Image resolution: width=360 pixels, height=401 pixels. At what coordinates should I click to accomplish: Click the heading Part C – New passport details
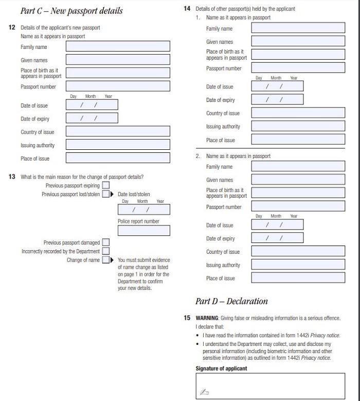click(x=71, y=11)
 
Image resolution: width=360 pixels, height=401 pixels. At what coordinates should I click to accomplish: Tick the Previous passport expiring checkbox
click(x=105, y=185)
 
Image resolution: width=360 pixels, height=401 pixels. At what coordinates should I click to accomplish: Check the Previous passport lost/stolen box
click(x=105, y=194)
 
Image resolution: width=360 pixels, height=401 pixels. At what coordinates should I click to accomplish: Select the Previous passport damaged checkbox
click(x=105, y=242)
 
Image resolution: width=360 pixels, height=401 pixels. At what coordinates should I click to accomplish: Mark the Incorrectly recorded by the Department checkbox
click(x=105, y=251)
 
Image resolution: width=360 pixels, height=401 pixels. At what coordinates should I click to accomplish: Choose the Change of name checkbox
click(x=105, y=260)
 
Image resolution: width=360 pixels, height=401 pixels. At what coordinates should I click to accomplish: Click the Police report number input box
click(x=143, y=231)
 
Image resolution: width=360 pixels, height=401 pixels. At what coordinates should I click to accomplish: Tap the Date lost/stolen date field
click(x=143, y=210)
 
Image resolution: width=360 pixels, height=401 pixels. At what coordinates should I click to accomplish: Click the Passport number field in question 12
click(x=118, y=86)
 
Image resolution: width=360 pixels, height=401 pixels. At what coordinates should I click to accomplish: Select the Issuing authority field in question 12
click(x=118, y=145)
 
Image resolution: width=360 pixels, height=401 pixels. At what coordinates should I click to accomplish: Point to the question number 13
click(x=12, y=177)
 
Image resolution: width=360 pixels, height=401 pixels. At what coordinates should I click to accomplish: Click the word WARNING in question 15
click(x=207, y=318)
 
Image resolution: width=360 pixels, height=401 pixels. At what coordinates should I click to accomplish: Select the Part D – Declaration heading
click(x=231, y=301)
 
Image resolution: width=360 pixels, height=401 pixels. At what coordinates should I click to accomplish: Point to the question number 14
click(x=187, y=9)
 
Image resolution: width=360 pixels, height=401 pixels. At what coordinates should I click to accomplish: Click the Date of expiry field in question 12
click(x=92, y=118)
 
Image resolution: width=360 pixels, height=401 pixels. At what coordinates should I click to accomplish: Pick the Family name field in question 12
click(x=118, y=46)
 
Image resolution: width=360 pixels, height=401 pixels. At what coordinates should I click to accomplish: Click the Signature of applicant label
click(x=221, y=368)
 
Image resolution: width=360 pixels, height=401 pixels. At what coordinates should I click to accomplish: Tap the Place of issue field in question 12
click(x=118, y=158)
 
